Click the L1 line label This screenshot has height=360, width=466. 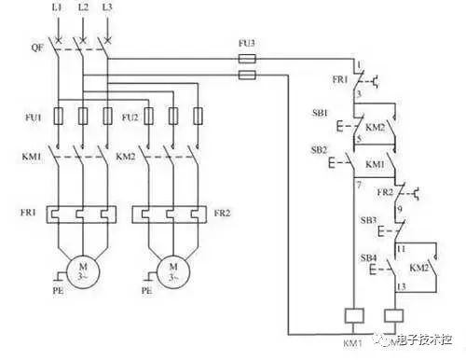[58, 8]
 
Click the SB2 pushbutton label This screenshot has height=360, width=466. [319, 150]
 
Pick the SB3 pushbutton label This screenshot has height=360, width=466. [369, 220]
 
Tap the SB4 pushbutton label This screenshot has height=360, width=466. [369, 256]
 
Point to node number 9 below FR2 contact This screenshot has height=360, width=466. [402, 209]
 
